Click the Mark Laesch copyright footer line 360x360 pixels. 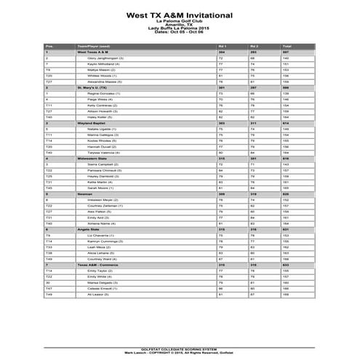click(x=180, y=352)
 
